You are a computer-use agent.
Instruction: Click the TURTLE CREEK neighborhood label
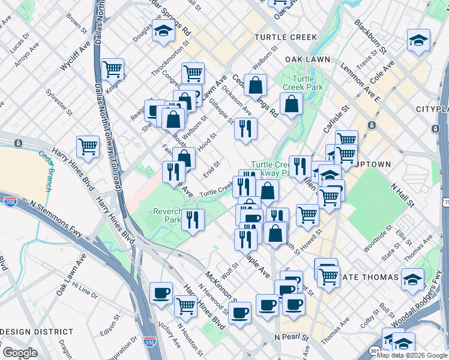pyautogui.click(x=285, y=37)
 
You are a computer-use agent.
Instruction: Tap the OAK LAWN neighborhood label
pyautogui.click(x=309, y=59)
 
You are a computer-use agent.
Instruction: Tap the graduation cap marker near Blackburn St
pyautogui.click(x=418, y=41)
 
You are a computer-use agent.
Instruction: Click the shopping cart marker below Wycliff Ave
pyautogui.click(x=88, y=146)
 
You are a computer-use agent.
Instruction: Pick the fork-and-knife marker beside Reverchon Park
pyautogui.click(x=192, y=219)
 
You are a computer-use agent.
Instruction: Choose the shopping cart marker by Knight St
pyautogui.click(x=113, y=69)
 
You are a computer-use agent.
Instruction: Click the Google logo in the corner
pyautogui.click(x=20, y=353)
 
